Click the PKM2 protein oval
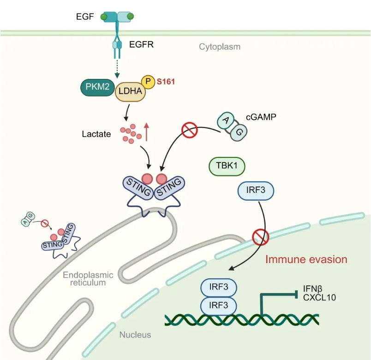click(97, 87)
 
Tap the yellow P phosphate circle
click(148, 82)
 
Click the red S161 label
click(166, 82)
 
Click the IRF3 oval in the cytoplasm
click(256, 191)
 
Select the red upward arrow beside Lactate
click(147, 132)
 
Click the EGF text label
click(85, 17)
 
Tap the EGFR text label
click(141, 44)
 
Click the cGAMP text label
click(261, 117)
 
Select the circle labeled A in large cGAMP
click(226, 120)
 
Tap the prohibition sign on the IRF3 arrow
click(261, 237)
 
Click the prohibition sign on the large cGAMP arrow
click(190, 130)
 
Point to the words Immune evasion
click(306, 259)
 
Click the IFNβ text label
click(312, 289)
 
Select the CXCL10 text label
click(319, 298)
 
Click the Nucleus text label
click(135, 335)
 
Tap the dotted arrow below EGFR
click(117, 69)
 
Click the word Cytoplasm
click(220, 47)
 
